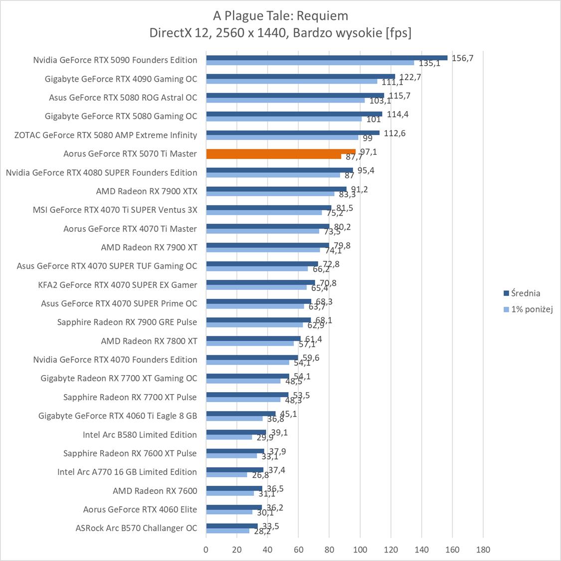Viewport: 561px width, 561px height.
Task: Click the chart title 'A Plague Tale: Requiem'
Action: (x=280, y=16)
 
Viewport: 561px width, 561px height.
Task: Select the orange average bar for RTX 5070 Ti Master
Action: (x=281, y=151)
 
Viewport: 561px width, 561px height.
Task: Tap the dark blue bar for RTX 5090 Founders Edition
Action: (x=327, y=58)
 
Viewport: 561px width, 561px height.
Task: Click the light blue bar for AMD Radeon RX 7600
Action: (x=230, y=493)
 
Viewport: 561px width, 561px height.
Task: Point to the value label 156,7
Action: (x=462, y=58)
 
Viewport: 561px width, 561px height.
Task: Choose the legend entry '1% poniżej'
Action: (x=532, y=309)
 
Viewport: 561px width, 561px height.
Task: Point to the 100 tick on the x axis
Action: (x=360, y=550)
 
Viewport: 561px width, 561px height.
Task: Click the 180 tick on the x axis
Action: (x=483, y=550)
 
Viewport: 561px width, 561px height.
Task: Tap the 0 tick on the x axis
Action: (x=206, y=550)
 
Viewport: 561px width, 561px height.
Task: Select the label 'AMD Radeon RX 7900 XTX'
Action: (x=147, y=191)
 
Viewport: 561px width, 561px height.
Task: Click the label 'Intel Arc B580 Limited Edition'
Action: (x=140, y=435)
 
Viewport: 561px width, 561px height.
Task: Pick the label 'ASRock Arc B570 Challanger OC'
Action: (x=136, y=529)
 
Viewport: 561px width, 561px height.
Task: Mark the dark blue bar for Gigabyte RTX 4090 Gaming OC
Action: (x=300, y=77)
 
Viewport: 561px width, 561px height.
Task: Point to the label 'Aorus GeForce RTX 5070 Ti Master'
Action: (x=130, y=154)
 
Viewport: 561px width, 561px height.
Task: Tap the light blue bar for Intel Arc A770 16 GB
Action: (x=226, y=475)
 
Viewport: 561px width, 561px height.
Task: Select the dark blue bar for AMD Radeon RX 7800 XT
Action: (x=253, y=339)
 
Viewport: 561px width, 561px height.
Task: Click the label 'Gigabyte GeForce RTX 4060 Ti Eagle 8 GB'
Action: (x=118, y=416)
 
